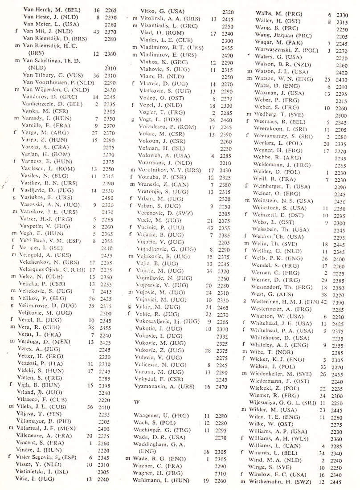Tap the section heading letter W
click(137, 401)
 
